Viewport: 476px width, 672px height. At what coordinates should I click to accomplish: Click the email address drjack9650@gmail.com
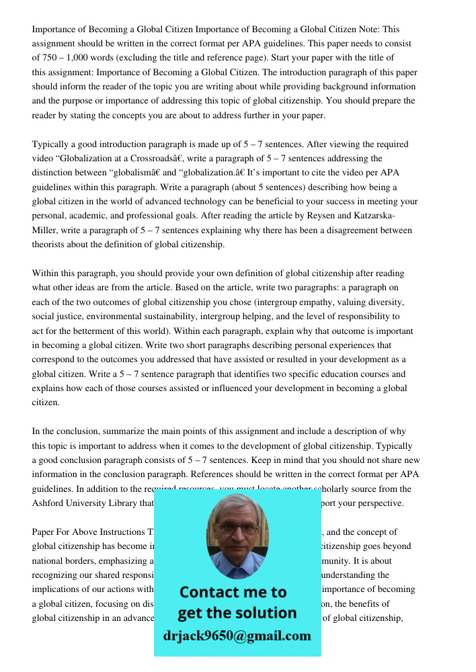click(x=237, y=635)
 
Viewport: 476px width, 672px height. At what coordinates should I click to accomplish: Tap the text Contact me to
click(x=233, y=592)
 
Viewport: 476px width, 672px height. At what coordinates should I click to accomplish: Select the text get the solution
click(x=237, y=613)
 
